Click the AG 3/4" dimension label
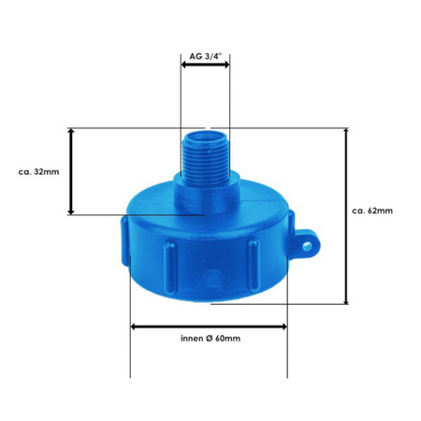(x=205, y=55)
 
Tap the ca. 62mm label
(x=372, y=210)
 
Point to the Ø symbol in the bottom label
(x=204, y=337)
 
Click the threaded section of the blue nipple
(x=205, y=149)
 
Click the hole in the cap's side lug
(x=310, y=247)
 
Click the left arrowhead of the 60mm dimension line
(x=134, y=326)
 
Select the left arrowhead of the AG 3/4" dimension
(x=183, y=67)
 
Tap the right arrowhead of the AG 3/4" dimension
(x=227, y=67)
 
